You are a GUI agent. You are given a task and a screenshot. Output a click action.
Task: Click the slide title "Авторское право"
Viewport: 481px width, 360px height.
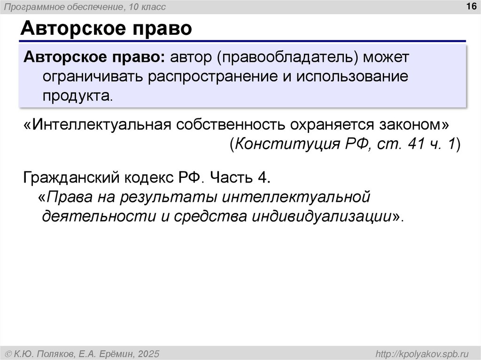[x=106, y=29]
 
